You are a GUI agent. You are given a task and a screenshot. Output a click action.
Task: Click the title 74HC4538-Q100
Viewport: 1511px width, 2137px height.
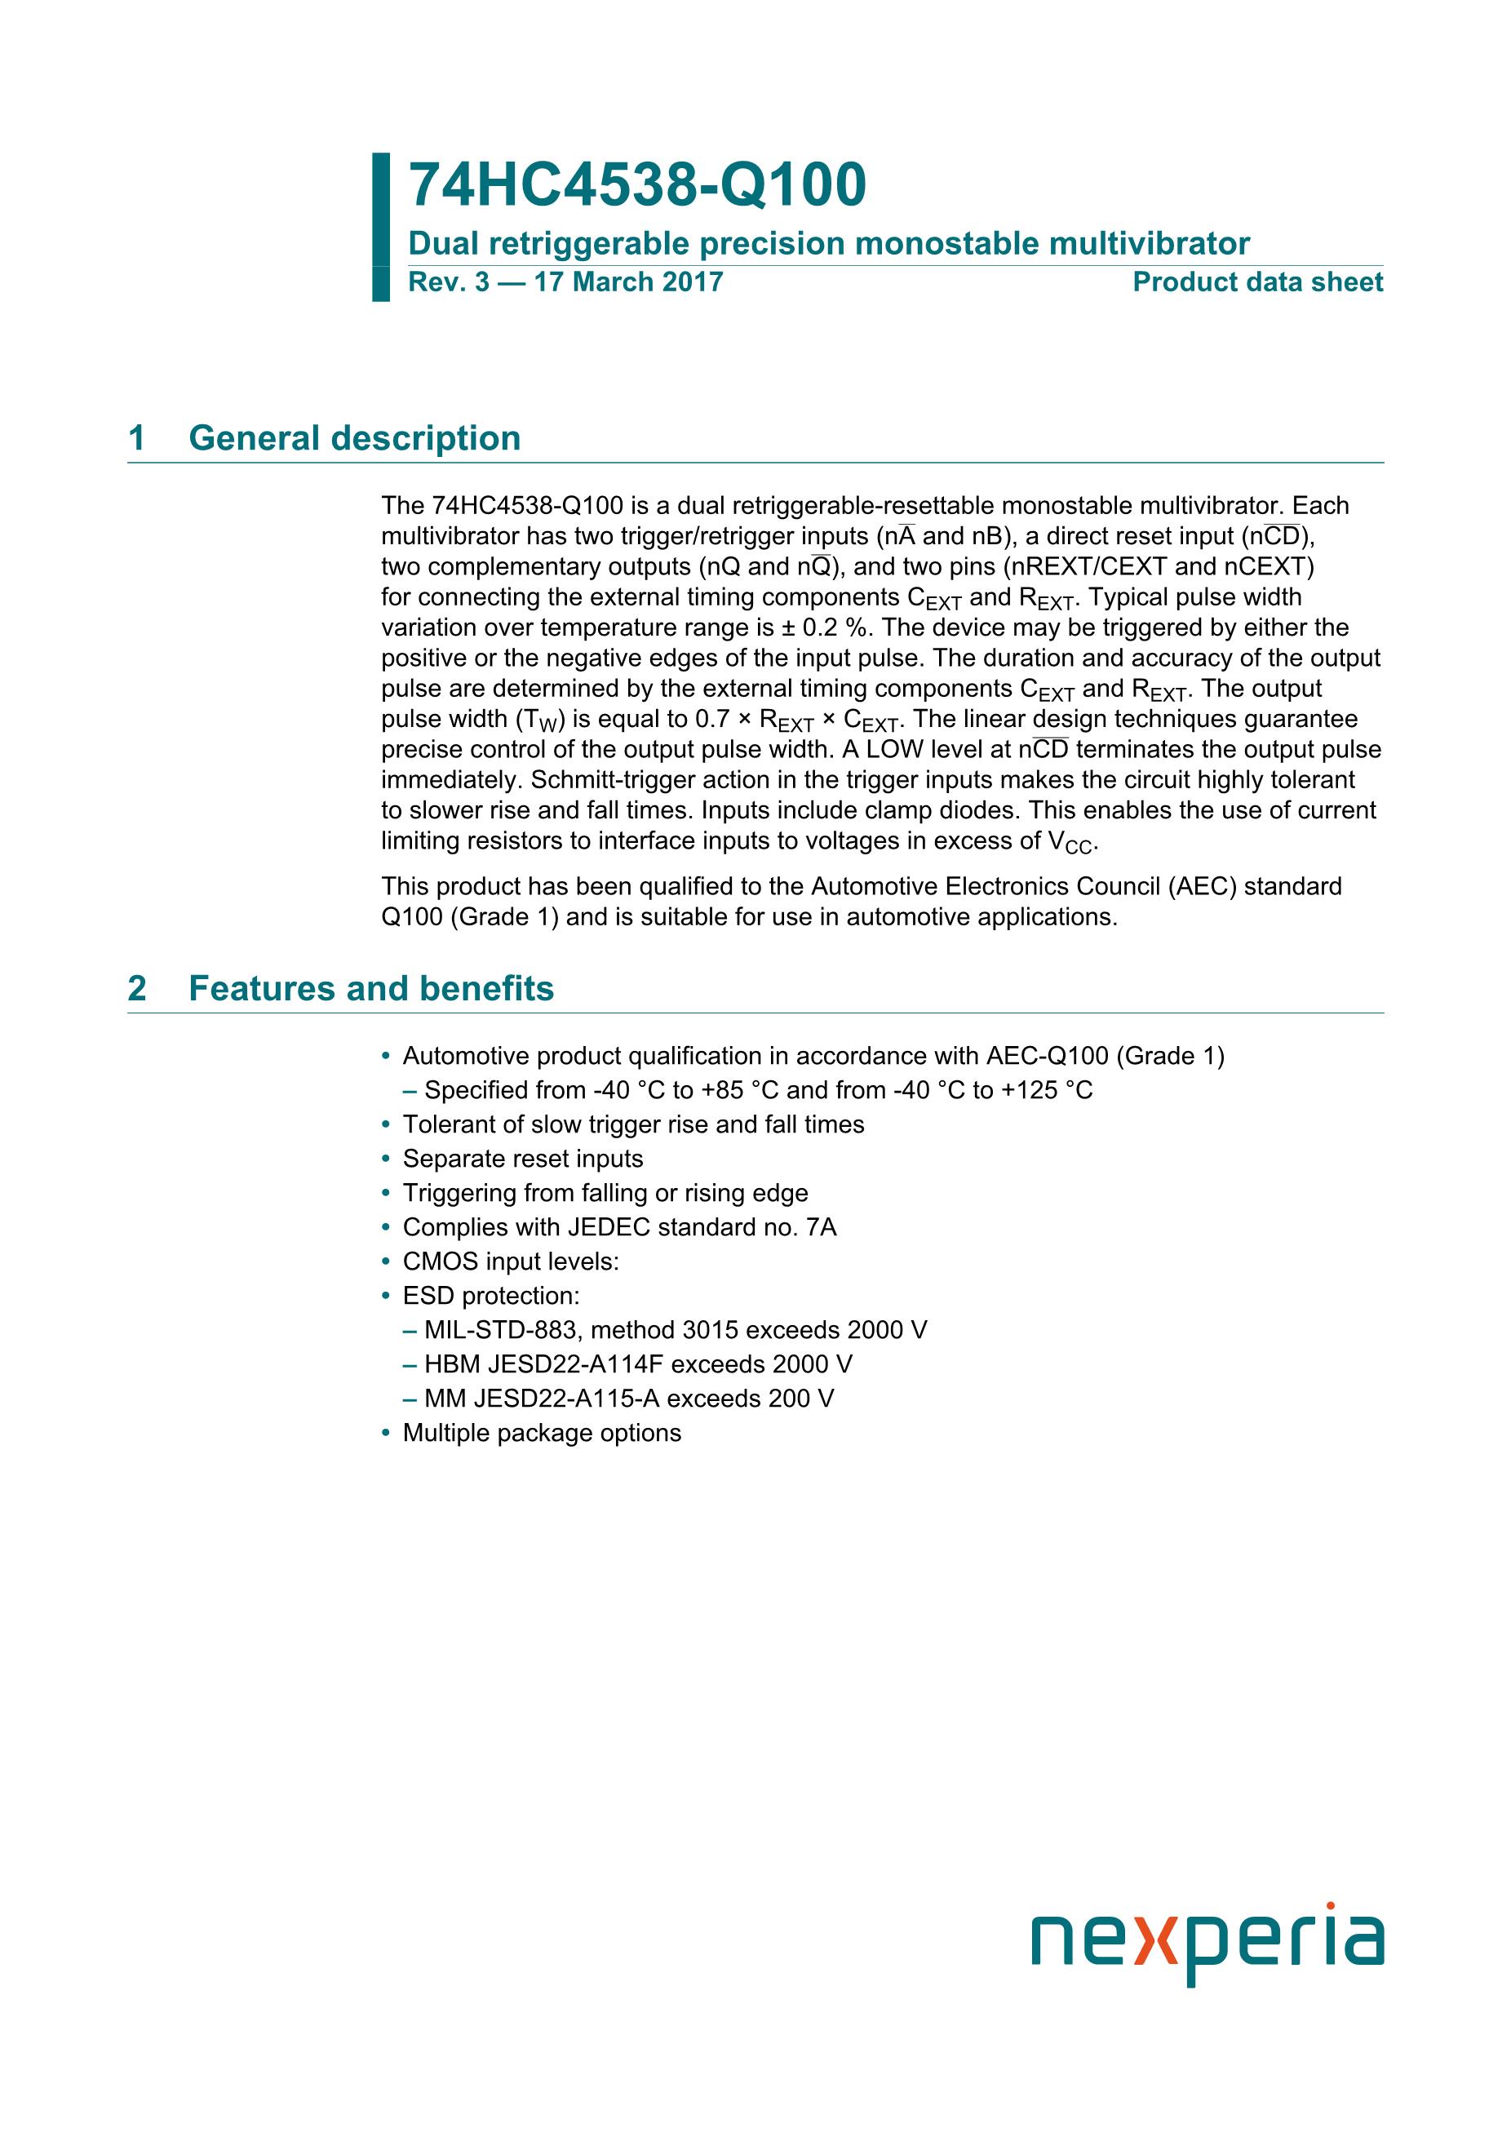click(636, 185)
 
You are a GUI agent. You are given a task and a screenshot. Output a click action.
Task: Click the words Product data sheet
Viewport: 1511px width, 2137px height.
click(1257, 283)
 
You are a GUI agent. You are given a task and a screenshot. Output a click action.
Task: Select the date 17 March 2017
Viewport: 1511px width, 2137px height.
click(628, 283)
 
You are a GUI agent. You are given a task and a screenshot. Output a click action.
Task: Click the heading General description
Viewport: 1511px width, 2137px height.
click(353, 438)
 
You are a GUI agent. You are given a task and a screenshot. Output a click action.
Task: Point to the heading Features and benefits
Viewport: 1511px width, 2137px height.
click(370, 988)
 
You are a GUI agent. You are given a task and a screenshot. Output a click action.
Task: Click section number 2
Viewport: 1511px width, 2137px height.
click(137, 988)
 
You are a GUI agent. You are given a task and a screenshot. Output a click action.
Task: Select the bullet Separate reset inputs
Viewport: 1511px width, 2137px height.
click(522, 1159)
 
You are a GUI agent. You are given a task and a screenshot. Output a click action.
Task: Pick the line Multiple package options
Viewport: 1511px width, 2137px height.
click(542, 1433)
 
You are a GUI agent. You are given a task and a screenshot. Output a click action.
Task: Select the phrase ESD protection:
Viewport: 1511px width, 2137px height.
click(490, 1296)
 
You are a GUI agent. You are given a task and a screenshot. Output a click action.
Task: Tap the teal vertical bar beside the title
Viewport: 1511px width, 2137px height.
click(380, 227)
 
